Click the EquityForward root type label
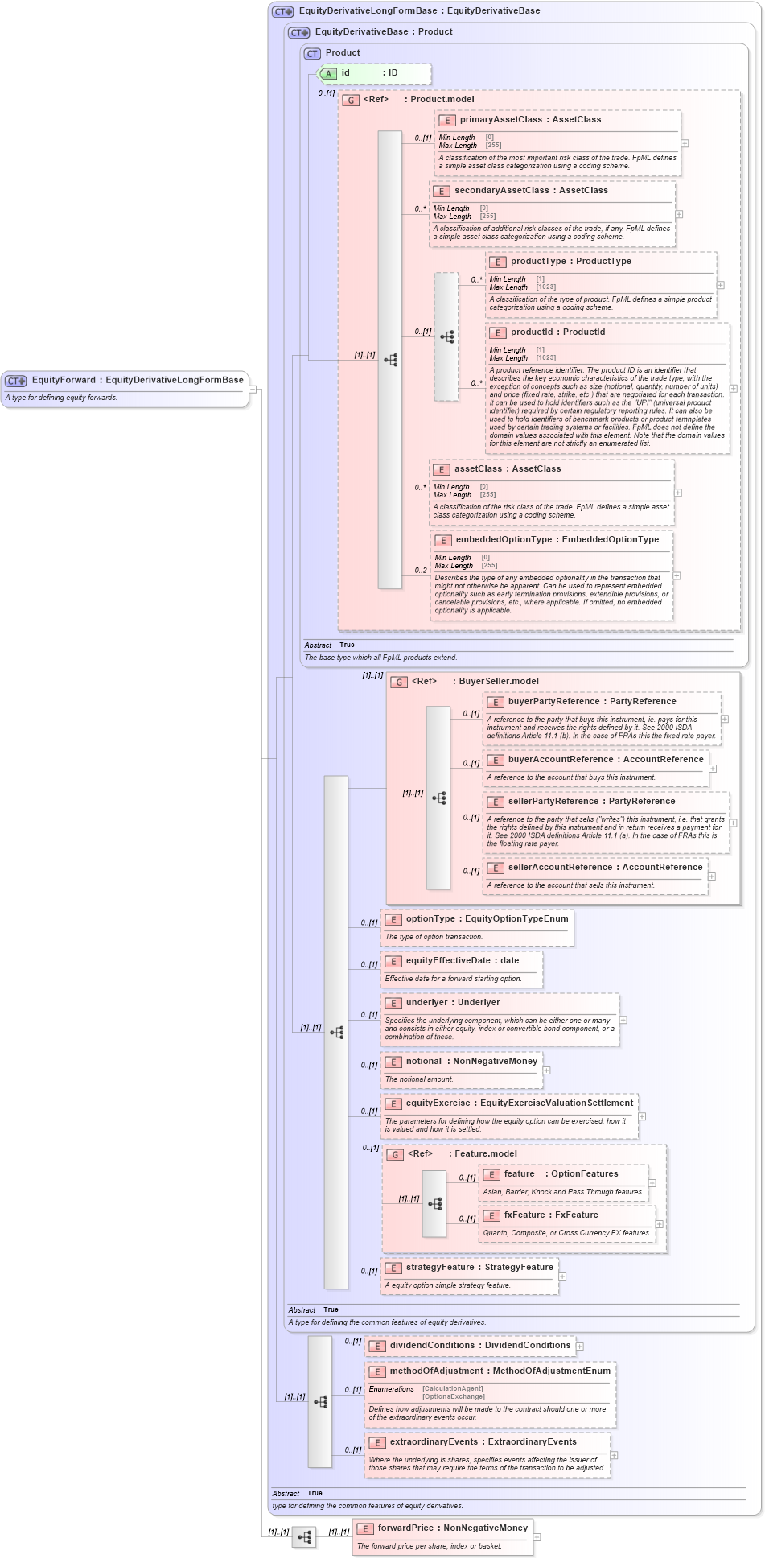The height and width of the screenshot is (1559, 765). pyautogui.click(x=64, y=380)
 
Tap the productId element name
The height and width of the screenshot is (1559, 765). pyautogui.click(x=531, y=332)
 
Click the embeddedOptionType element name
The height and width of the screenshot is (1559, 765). pyautogui.click(x=503, y=539)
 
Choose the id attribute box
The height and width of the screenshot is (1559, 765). pyautogui.click(x=375, y=73)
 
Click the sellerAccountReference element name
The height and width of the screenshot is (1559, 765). pyautogui.click(x=560, y=867)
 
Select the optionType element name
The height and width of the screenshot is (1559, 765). pyautogui.click(x=430, y=918)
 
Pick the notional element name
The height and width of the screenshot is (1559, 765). pyautogui.click(x=423, y=1061)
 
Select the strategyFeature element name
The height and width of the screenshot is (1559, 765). pyautogui.click(x=439, y=1267)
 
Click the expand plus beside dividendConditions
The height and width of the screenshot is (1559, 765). pyautogui.click(x=579, y=1346)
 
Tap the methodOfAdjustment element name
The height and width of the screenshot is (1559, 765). pyautogui.click(x=438, y=1371)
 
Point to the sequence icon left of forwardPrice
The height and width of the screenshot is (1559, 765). pyautogui.click(x=304, y=1537)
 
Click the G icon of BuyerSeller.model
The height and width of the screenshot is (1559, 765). pyautogui.click(x=399, y=682)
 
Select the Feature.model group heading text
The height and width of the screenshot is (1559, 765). pyautogui.click(x=486, y=1153)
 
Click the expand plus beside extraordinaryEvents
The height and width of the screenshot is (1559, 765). pyautogui.click(x=614, y=1454)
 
